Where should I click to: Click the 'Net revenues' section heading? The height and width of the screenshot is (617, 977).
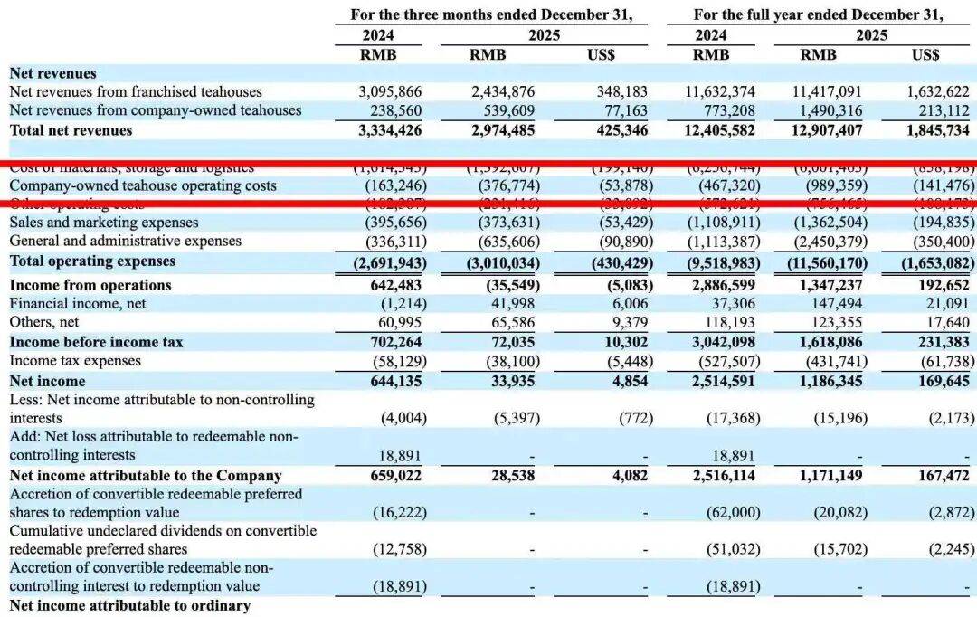click(x=52, y=73)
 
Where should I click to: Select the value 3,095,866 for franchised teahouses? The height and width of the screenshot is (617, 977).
click(x=392, y=92)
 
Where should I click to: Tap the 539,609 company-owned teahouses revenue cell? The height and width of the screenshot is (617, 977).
click(x=504, y=110)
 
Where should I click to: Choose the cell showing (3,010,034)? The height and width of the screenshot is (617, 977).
click(x=503, y=262)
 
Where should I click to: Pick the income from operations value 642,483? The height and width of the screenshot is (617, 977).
click(x=394, y=285)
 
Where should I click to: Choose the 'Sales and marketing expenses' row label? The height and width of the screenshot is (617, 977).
click(x=104, y=223)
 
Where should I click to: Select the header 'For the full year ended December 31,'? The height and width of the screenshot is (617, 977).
click(x=818, y=14)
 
